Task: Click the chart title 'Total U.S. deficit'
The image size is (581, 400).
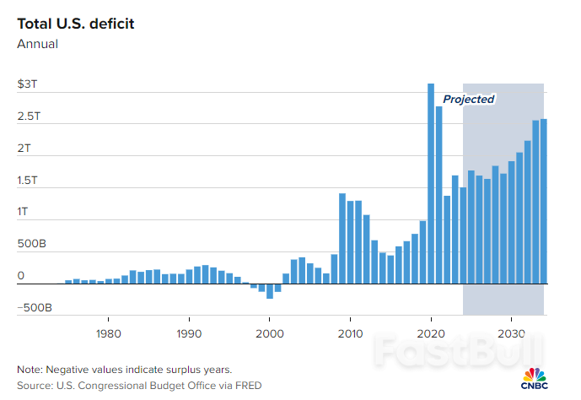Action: [x=75, y=23]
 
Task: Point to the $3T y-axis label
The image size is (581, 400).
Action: [x=26, y=85]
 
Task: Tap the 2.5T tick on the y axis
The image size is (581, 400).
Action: [x=28, y=116]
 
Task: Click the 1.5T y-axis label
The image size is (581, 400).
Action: [x=28, y=181]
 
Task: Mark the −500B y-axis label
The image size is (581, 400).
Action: [x=34, y=308]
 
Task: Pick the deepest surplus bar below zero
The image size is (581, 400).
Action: [x=270, y=291]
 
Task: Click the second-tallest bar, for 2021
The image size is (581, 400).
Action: [x=438, y=195]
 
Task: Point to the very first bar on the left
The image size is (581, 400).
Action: [x=68, y=282]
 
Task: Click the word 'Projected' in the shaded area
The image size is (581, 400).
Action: [x=469, y=99]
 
